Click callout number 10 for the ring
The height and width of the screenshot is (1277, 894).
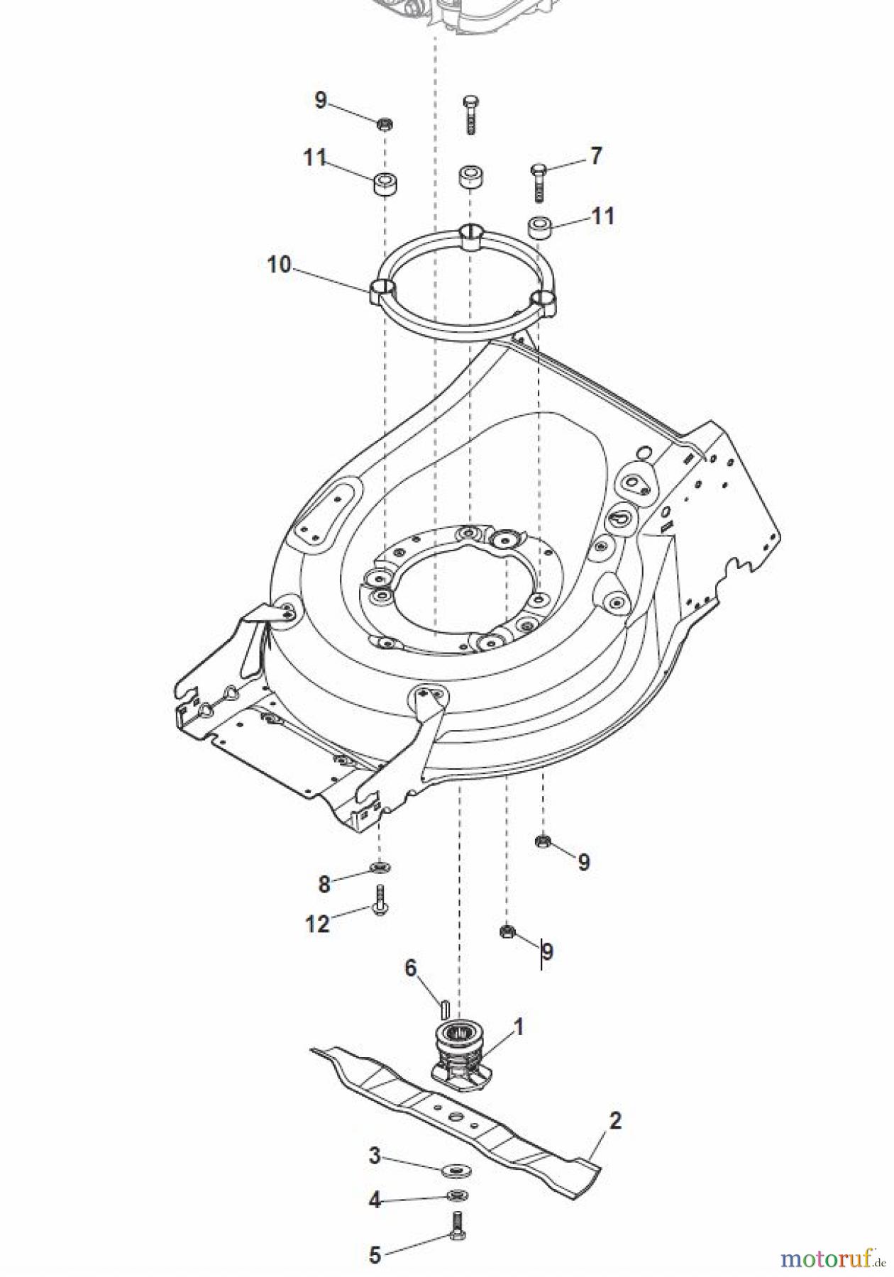point(279,265)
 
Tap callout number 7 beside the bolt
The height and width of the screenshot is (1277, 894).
point(595,155)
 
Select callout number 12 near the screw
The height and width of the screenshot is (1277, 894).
point(317,924)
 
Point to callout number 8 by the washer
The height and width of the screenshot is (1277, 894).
point(324,884)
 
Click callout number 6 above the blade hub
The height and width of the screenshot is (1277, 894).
point(411,968)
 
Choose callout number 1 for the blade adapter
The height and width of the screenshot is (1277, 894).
point(518,1027)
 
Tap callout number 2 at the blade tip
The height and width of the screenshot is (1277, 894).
point(614,1121)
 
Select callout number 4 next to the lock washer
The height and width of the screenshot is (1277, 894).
point(375,1200)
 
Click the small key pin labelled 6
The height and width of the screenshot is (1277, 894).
point(444,1007)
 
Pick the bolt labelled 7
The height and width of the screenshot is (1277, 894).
point(539,182)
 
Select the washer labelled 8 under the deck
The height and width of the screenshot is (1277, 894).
point(380,867)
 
